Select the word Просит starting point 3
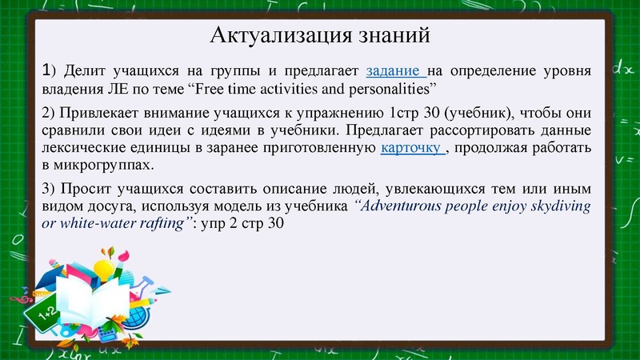(80, 190)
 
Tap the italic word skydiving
(558, 206)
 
